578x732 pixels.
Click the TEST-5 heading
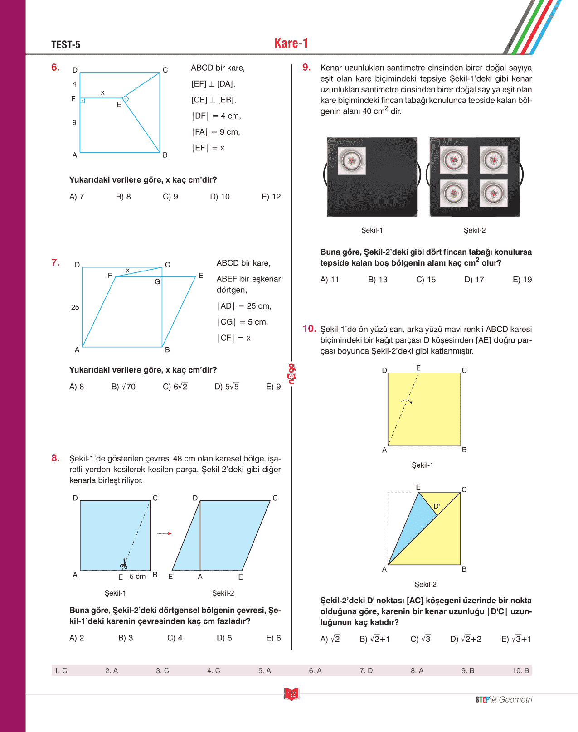(x=66, y=44)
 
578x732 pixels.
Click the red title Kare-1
(x=291, y=43)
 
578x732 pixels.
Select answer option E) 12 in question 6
(x=271, y=197)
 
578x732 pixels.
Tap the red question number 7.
(x=55, y=262)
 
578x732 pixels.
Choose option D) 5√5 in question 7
(x=227, y=387)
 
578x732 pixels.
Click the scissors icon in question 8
(x=123, y=564)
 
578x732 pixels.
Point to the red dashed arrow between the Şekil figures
(x=164, y=533)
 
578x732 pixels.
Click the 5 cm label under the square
(x=137, y=576)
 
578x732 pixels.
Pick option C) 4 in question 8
(x=175, y=638)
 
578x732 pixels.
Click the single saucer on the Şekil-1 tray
(x=352, y=160)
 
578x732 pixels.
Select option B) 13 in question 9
(x=378, y=280)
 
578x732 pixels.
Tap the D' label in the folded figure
(x=437, y=506)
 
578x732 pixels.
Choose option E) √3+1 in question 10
(x=516, y=639)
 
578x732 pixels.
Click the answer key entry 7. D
(x=366, y=670)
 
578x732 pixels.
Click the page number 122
(x=291, y=694)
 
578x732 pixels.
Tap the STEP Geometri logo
(x=504, y=699)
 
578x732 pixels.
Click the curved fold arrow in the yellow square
(x=407, y=402)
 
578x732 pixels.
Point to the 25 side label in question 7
(x=75, y=307)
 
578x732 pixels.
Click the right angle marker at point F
(x=83, y=101)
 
